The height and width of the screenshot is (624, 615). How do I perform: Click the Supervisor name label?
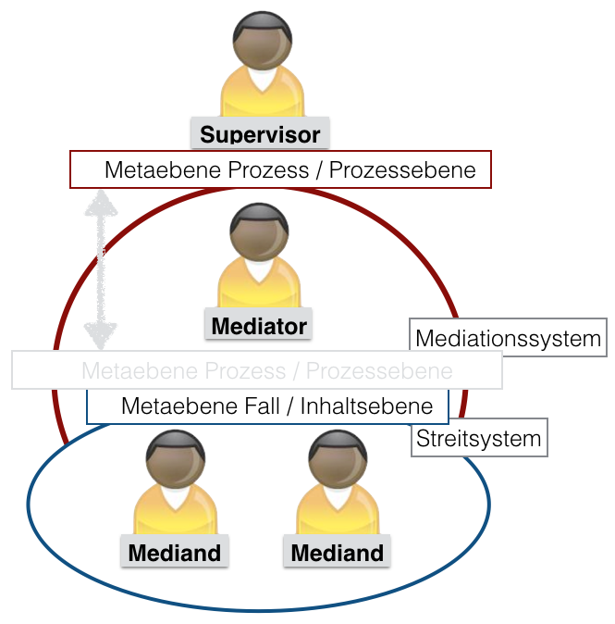260,134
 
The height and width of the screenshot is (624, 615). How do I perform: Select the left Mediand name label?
175,553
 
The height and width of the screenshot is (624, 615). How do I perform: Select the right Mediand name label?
338,553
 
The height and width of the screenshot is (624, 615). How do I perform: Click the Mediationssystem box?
508,338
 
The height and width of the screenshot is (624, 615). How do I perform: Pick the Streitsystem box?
479,438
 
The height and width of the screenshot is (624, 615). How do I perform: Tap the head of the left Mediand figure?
175,457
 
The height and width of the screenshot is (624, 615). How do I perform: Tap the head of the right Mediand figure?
338,457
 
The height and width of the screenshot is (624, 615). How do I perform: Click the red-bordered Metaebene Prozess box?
280,170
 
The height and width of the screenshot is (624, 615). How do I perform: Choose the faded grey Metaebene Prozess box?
256,370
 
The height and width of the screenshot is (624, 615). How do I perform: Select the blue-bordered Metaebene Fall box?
267,406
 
